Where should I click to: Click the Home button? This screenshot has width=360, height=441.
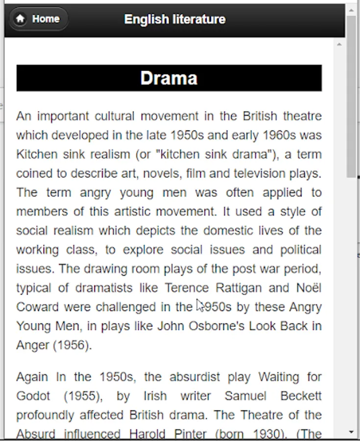[x=39, y=19]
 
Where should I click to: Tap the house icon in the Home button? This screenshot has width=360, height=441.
[x=20, y=19]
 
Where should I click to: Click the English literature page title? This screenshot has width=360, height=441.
[x=175, y=19]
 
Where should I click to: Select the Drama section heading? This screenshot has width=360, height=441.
[x=169, y=78]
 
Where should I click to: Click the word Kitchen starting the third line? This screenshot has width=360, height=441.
[x=37, y=154]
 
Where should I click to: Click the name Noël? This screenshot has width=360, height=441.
[x=309, y=288]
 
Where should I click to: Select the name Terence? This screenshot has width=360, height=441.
[x=187, y=288]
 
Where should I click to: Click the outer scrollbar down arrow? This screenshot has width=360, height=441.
[x=351, y=432]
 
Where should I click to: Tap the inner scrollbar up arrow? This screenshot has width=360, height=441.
[x=339, y=45]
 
